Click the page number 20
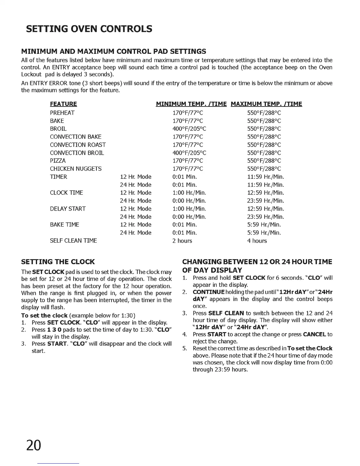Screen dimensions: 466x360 point(34,446)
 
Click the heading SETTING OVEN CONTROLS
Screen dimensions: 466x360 point(89,29)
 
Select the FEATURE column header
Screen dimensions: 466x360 point(64,104)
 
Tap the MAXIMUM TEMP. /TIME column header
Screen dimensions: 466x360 point(266,104)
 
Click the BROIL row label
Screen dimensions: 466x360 point(58,129)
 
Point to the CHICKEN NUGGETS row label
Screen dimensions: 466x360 point(76,169)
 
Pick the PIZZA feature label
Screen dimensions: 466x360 point(58,161)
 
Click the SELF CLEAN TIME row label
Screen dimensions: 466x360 point(73,241)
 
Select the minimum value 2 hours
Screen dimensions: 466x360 point(182,241)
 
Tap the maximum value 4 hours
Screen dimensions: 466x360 point(257,241)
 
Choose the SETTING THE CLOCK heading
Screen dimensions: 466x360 point(58,262)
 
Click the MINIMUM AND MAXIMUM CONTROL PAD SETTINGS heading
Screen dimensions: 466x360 point(114,51)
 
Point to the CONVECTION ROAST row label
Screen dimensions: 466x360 point(78,145)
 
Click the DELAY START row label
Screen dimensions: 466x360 point(68,209)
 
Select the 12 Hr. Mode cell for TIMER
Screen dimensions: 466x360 point(136,177)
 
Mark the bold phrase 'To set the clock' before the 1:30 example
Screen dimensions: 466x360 point(44,316)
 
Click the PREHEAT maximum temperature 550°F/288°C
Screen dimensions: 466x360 point(264,113)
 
